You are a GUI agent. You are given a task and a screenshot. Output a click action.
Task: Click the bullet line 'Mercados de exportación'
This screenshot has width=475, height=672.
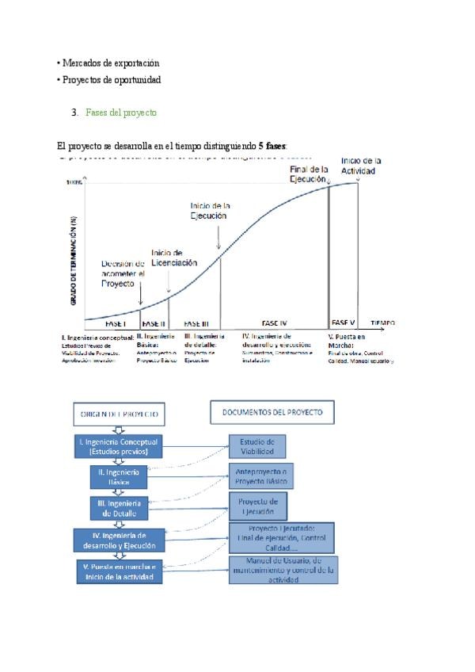109,63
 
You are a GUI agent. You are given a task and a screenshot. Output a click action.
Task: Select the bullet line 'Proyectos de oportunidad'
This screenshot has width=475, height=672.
110,80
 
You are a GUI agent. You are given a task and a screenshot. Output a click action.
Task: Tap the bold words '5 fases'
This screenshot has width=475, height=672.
272,147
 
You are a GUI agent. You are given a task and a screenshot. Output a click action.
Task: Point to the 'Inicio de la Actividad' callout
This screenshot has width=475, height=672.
361,166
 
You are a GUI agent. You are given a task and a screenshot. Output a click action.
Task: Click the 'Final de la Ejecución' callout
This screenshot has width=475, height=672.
308,174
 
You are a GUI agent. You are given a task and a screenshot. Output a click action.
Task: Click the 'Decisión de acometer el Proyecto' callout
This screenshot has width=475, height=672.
123,273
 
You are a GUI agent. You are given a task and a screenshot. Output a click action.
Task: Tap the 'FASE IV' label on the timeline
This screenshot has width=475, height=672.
274,323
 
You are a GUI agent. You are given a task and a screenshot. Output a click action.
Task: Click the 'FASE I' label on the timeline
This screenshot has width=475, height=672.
116,323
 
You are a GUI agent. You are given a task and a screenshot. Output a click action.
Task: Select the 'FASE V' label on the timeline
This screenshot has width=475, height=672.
344,323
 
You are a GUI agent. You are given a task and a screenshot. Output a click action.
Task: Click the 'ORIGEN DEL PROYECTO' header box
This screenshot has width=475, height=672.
119,414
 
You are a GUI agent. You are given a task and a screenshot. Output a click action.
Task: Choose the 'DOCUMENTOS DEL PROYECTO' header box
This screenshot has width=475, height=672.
272,413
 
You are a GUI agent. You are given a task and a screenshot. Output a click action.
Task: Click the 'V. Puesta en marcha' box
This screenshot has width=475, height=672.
119,571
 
